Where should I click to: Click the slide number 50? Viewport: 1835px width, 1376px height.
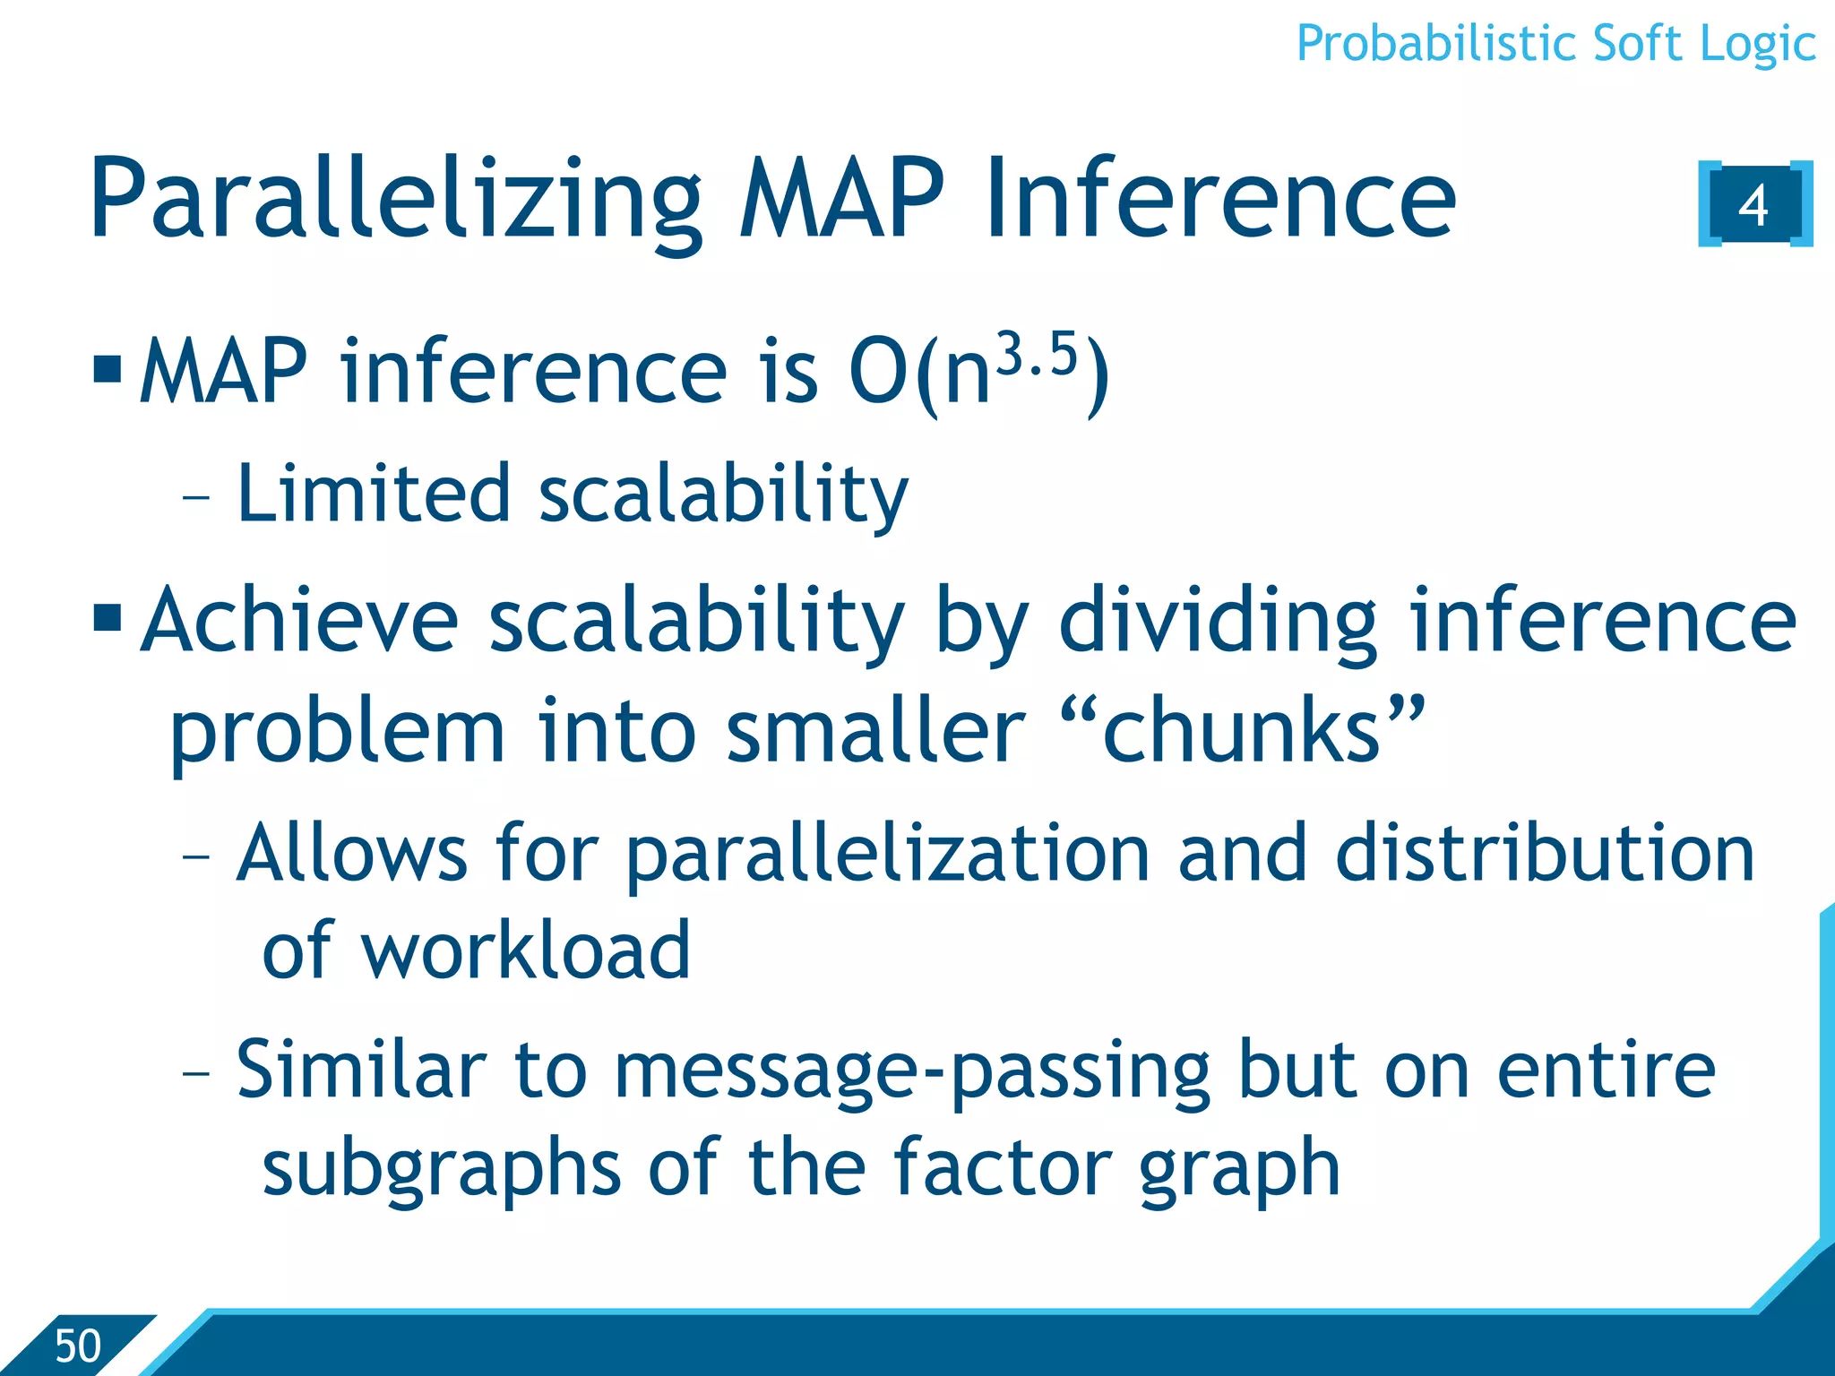[x=78, y=1346]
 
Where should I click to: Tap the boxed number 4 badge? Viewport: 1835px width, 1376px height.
[x=1753, y=204]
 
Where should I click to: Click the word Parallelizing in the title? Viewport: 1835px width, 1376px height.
[x=395, y=201]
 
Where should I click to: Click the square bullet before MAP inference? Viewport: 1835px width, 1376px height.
[x=108, y=368]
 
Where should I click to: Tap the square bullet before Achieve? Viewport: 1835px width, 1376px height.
[x=108, y=616]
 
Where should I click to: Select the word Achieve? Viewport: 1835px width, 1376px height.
[x=300, y=620]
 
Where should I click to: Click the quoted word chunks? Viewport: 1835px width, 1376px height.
[x=1242, y=730]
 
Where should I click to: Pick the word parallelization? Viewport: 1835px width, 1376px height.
[x=887, y=853]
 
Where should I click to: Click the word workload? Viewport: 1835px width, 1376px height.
[x=526, y=951]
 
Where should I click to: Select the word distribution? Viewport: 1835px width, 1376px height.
[x=1544, y=853]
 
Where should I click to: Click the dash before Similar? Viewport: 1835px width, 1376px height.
[x=195, y=1071]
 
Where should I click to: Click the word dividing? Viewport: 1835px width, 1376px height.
[x=1217, y=620]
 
